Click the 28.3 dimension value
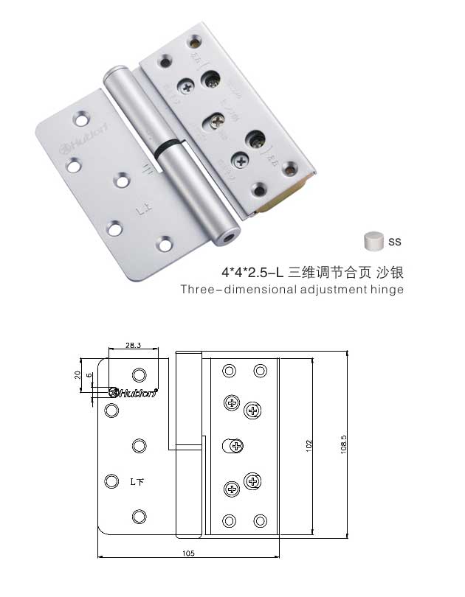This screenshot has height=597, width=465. [x=133, y=344]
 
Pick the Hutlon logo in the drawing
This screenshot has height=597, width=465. [x=134, y=392]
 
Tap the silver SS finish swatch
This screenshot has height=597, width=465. [x=375, y=241]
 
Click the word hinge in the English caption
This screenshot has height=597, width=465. [x=387, y=289]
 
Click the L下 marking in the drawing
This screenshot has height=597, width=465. [x=137, y=483]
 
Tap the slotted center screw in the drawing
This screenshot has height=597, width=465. [x=234, y=445]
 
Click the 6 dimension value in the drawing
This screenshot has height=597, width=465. [x=89, y=376]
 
